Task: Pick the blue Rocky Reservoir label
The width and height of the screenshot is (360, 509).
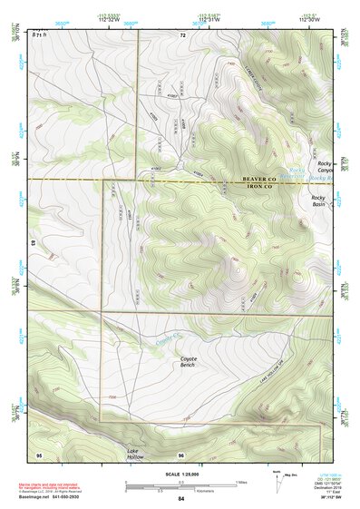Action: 297,171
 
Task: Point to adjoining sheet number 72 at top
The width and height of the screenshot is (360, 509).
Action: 182,34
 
